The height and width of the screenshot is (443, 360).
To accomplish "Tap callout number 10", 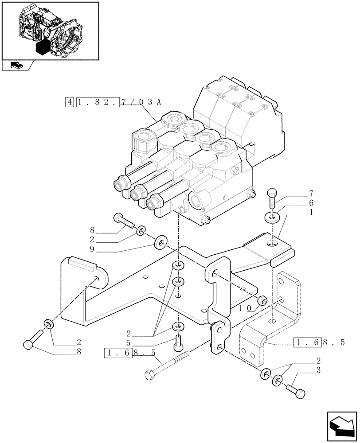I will (247, 307).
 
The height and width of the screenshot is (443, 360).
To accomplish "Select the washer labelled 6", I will (271, 218).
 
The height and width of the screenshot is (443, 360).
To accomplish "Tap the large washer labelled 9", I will (160, 243).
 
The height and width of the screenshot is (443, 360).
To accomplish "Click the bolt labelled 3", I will (297, 390).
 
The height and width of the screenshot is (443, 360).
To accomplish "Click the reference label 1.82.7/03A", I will (118, 102).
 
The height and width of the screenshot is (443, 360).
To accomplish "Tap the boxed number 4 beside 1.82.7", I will (69, 102).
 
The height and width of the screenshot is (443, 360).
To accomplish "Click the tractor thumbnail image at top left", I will (50, 30).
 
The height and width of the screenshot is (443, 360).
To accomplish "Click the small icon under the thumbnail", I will (16, 66).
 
